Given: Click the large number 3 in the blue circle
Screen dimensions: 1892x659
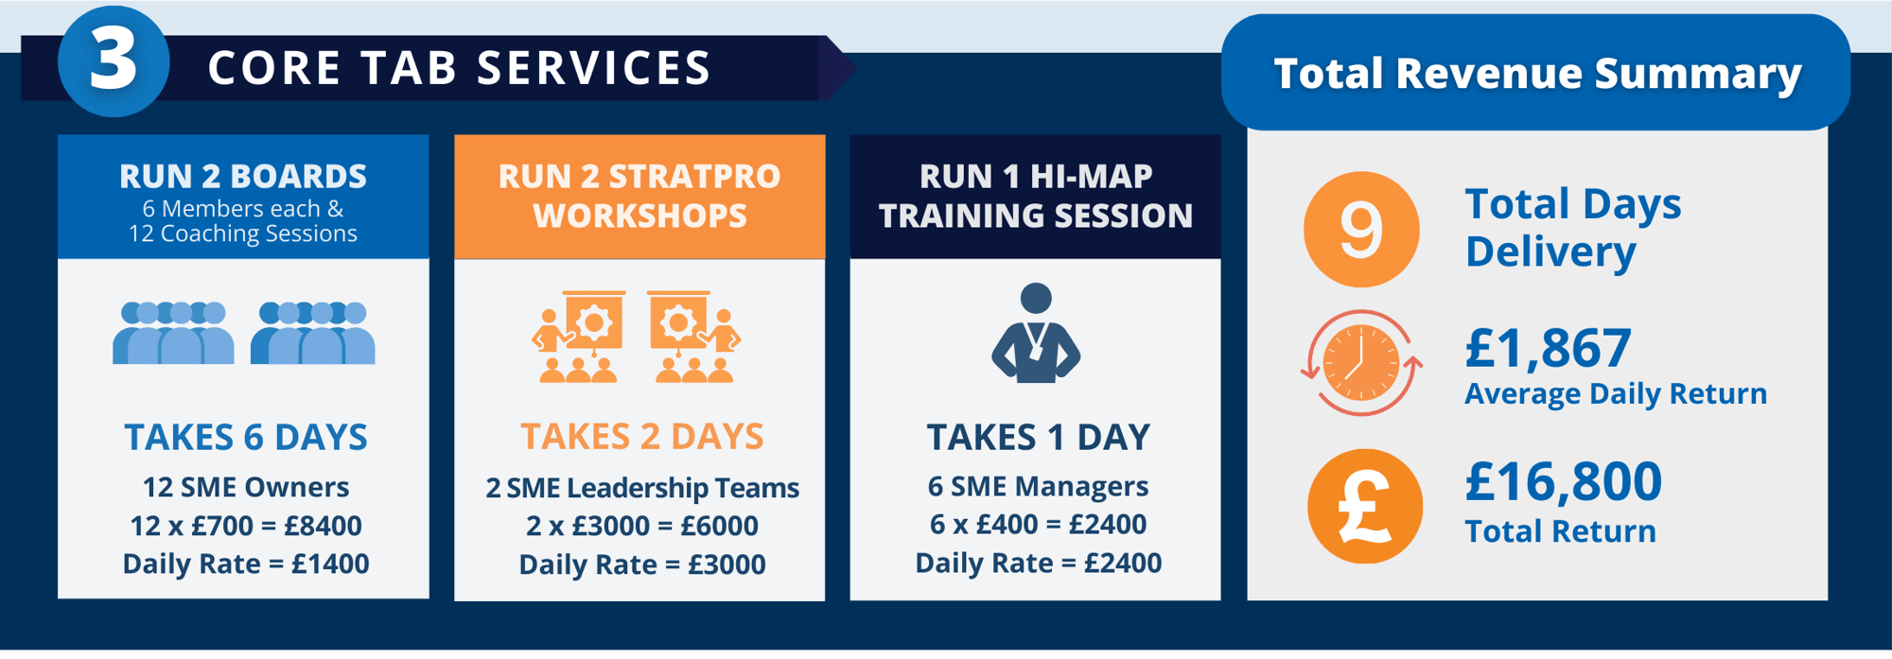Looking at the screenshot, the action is coord(114,61).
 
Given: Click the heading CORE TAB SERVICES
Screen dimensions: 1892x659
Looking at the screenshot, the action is coord(460,68).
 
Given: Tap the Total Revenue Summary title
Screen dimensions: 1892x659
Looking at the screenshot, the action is coord(1537,74).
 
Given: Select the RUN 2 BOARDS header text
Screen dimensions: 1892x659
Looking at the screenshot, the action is coord(243,176).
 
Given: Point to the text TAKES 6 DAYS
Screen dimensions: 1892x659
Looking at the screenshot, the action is coord(246,438).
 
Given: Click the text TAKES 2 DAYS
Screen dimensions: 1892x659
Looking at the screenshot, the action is coord(642,437).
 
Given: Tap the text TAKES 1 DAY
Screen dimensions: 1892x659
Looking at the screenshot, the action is coord(1038,438).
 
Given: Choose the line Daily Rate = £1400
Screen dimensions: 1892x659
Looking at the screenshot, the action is coord(246,564).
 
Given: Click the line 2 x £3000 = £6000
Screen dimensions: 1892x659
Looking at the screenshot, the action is coord(642,526).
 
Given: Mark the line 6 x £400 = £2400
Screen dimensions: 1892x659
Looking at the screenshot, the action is coord(1038,524).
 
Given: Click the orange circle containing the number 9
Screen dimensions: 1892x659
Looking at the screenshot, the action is coord(1361,230).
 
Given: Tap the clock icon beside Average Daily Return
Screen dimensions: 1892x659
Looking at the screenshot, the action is coord(1361,363).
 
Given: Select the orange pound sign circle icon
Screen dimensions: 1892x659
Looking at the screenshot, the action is coord(1364,507).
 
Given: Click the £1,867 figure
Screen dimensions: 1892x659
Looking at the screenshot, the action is coord(1548,348).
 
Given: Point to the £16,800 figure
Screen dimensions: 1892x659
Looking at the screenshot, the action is coord(1563,482).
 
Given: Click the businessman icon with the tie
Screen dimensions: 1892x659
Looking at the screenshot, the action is coord(1036,333).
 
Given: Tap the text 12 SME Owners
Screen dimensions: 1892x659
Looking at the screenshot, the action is coord(246,487).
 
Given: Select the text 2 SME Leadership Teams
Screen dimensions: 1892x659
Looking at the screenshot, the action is coord(642,488).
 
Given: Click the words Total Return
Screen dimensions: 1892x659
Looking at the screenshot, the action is coord(1560,531).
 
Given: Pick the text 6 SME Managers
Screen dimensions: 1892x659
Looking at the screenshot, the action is coord(1038,486).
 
